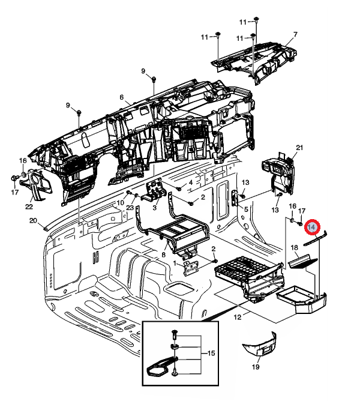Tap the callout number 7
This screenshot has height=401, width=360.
point(295,34)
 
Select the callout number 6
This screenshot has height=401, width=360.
point(121,97)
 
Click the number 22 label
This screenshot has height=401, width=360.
point(29,207)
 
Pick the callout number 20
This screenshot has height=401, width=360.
point(33,220)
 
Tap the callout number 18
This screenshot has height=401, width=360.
point(294,248)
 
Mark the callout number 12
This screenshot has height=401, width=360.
point(237,316)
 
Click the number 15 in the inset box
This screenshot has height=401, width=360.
point(211,354)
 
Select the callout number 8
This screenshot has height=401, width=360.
point(163,255)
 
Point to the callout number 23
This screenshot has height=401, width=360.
point(130,208)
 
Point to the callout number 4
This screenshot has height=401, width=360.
point(191,182)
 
